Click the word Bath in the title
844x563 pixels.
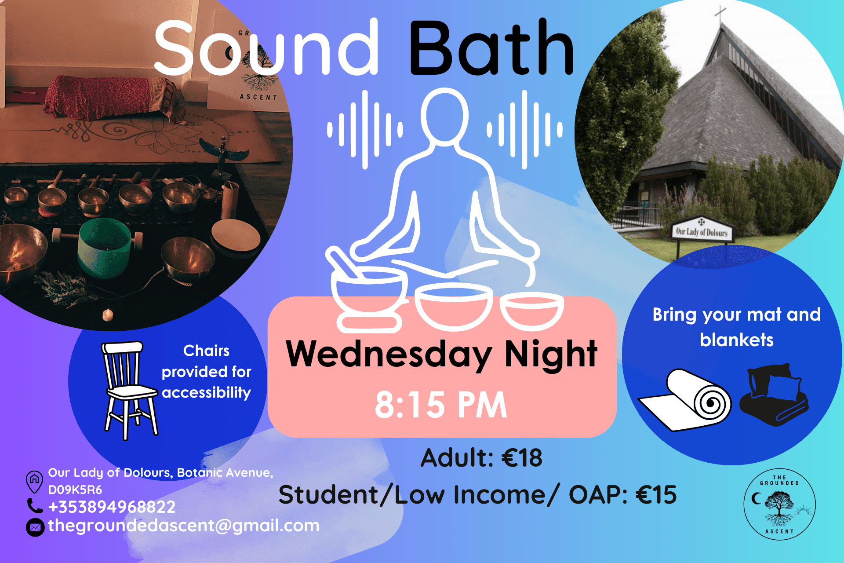click(491, 48)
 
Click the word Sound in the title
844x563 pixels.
click(266, 48)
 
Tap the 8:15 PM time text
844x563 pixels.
click(441, 405)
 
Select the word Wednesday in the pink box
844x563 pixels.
click(389, 355)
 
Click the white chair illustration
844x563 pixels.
click(129, 389)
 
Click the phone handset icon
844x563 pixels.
click(34, 506)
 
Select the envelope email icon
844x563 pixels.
click(35, 527)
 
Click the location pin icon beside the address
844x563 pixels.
click(34, 481)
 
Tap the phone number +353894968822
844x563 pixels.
click(112, 507)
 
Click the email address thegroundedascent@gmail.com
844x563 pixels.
click(184, 526)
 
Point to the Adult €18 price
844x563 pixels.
click(481, 458)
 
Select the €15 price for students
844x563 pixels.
click(656, 495)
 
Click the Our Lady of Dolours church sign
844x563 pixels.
click(702, 230)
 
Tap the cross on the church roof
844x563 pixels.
click(720, 15)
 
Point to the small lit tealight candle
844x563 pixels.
click(108, 314)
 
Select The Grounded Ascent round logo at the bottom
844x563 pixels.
click(779, 505)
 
